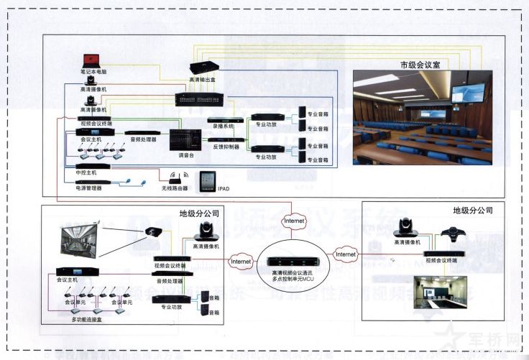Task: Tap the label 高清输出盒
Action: tap(203, 79)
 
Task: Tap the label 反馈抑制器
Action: tap(225, 146)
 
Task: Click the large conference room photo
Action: tap(422, 116)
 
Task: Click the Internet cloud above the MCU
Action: tap(294, 220)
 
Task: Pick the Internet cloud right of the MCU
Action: tap(346, 254)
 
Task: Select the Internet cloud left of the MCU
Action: tap(240, 262)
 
